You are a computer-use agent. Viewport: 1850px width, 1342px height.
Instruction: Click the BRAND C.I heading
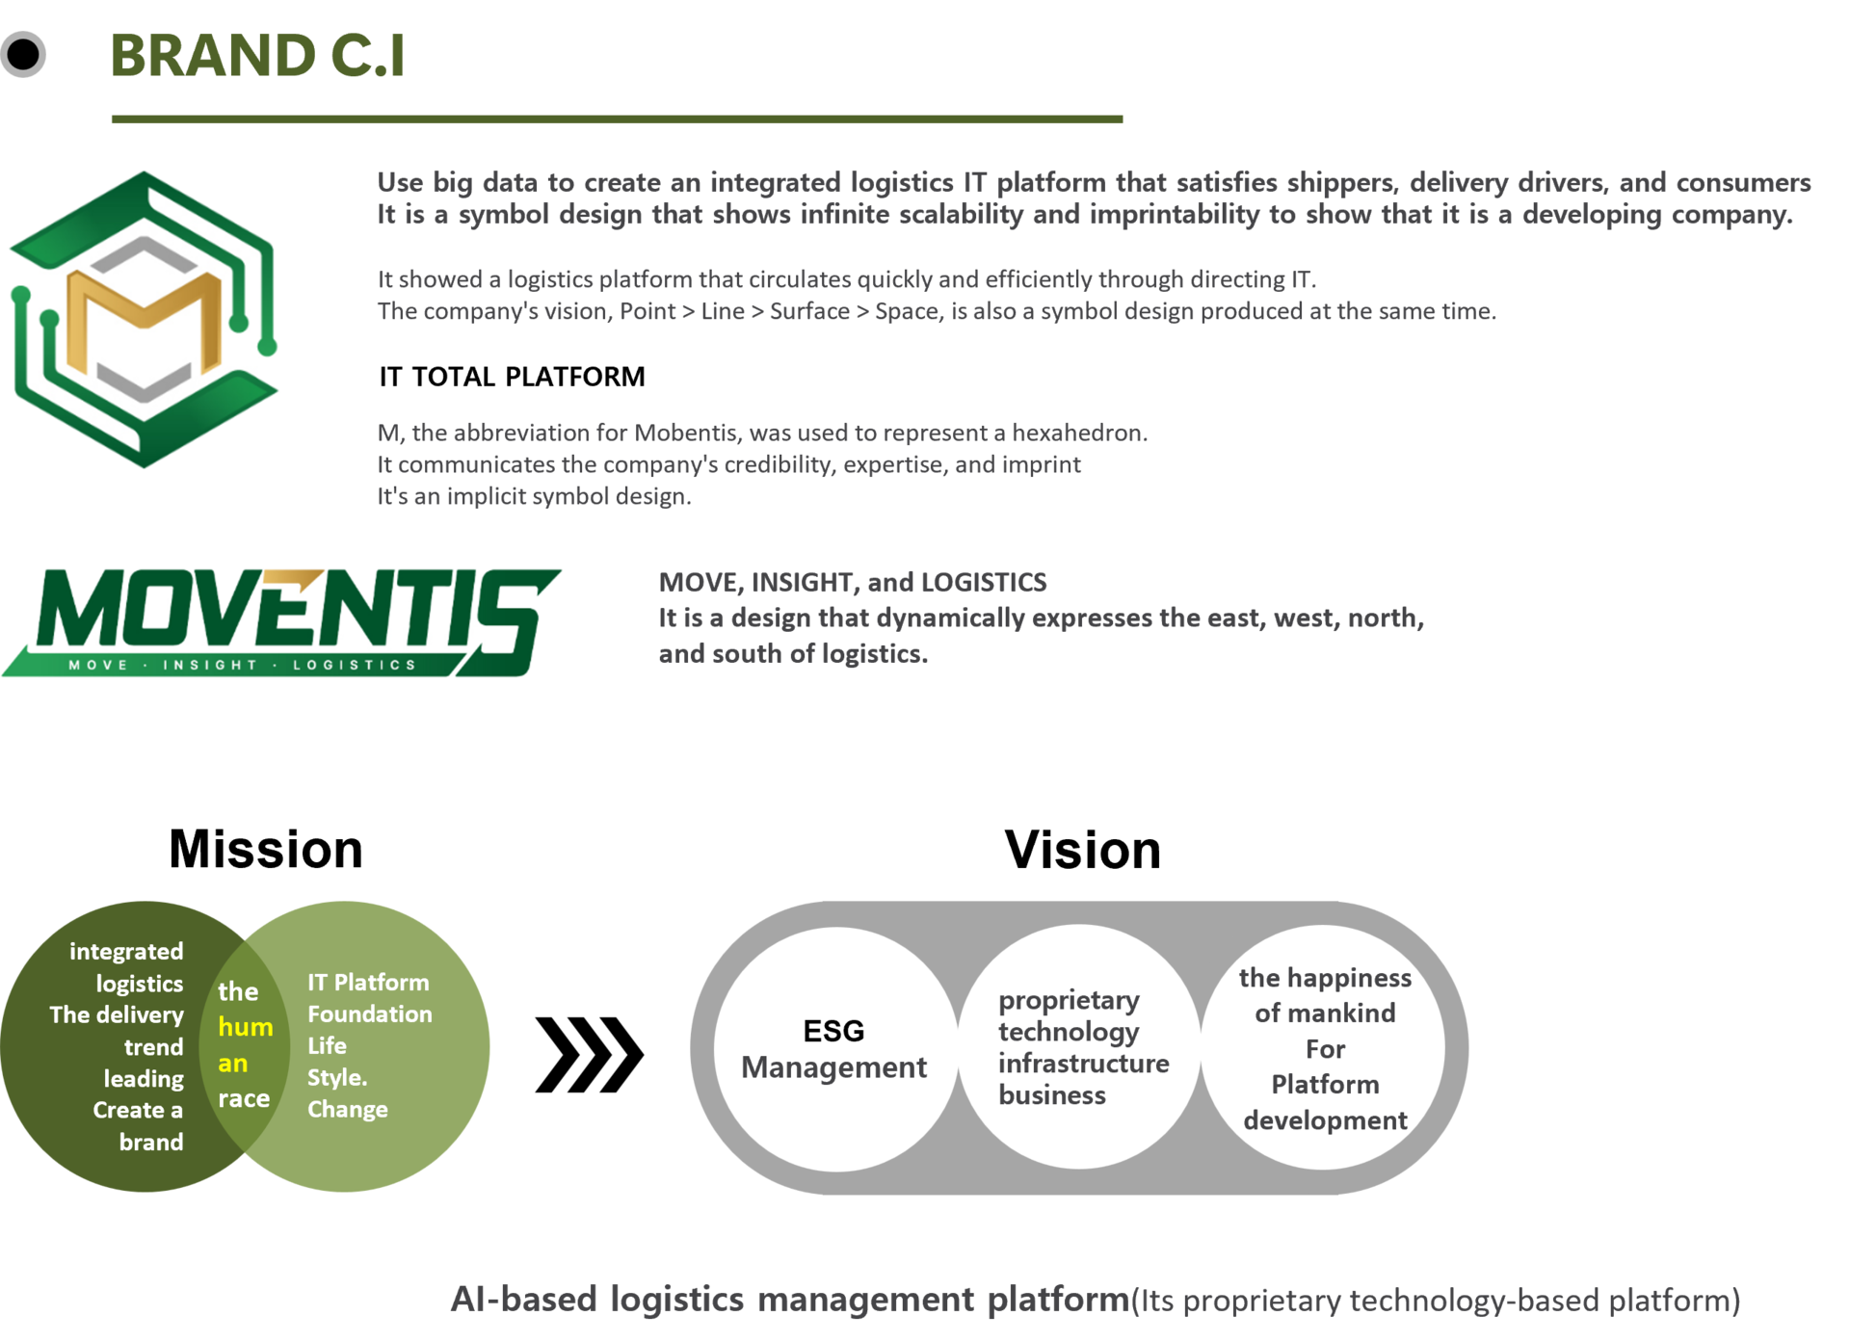tap(257, 56)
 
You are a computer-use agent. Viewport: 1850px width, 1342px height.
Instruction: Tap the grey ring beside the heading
tap(22, 55)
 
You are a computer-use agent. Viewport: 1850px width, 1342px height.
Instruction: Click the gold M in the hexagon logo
tap(144, 318)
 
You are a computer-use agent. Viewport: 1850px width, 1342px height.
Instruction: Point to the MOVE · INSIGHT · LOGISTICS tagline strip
tap(242, 665)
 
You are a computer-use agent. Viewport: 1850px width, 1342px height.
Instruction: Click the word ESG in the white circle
tap(833, 1031)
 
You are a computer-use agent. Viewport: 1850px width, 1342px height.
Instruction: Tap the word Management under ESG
tap(833, 1067)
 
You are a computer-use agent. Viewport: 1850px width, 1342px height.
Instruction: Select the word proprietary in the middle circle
tap(1069, 1000)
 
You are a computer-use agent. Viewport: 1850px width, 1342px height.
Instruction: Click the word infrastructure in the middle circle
tap(1083, 1064)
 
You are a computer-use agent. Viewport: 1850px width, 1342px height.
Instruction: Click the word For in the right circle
tap(1325, 1049)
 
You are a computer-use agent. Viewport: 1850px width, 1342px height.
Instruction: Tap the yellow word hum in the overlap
tap(245, 1027)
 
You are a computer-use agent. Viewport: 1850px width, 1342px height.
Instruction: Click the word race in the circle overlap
tap(244, 1098)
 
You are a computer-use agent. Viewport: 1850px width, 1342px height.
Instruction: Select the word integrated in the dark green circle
tap(126, 951)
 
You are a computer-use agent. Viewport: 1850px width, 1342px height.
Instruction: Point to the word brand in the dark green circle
tap(151, 1142)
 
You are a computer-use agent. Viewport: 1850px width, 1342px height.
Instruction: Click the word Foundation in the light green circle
tap(370, 1013)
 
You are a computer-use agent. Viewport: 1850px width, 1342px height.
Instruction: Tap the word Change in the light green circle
tap(347, 1109)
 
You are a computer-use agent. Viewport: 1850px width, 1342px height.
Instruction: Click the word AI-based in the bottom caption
tap(523, 1300)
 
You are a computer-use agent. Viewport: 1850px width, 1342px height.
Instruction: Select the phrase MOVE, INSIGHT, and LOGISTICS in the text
tap(853, 583)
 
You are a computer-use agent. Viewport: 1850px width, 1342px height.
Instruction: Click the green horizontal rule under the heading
tap(617, 118)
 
